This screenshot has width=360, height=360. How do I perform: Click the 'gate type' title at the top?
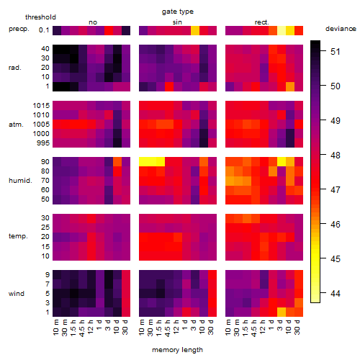click(x=178, y=12)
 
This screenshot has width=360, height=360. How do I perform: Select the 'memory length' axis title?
click(x=177, y=350)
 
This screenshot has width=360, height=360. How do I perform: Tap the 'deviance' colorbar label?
click(x=341, y=29)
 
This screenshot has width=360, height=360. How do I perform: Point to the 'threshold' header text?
click(x=40, y=17)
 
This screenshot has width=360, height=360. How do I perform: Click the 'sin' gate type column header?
click(x=177, y=22)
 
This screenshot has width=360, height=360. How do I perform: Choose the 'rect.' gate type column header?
click(x=262, y=22)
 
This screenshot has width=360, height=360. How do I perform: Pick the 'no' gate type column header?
click(x=93, y=22)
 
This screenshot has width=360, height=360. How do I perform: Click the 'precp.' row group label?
click(x=19, y=29)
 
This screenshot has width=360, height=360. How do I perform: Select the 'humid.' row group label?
click(x=20, y=181)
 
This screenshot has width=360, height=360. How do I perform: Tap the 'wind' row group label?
click(x=17, y=294)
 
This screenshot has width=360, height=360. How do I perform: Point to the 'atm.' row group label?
click(x=16, y=125)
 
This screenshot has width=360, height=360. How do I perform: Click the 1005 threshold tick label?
click(x=41, y=125)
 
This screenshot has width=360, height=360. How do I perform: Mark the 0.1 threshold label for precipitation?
click(x=44, y=30)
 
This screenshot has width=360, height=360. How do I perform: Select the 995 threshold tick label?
click(x=43, y=143)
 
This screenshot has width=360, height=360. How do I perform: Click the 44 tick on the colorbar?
click(x=336, y=293)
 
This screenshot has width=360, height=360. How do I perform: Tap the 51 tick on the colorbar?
click(x=336, y=52)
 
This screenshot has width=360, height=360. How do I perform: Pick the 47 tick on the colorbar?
click(x=336, y=190)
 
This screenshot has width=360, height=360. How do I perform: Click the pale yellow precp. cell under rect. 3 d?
click(x=282, y=30)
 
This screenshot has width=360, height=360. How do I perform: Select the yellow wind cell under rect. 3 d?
click(x=282, y=312)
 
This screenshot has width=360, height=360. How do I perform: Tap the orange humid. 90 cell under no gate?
click(x=117, y=162)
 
